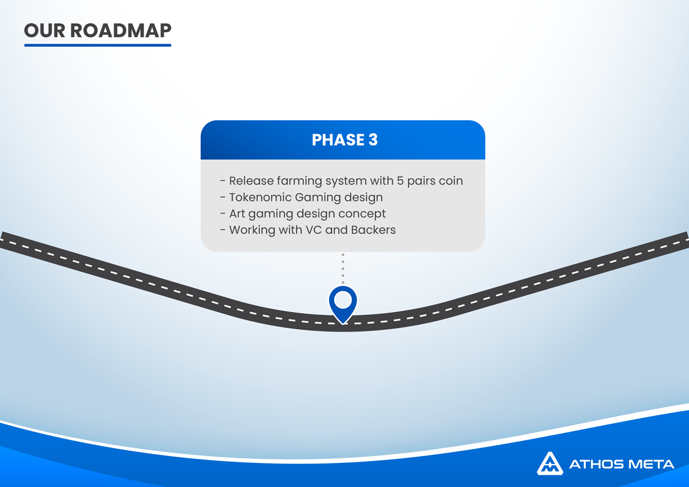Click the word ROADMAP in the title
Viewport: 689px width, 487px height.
click(121, 30)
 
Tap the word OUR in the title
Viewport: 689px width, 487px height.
click(45, 30)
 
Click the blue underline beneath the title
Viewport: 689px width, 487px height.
click(98, 45)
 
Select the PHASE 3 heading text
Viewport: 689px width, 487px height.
click(344, 140)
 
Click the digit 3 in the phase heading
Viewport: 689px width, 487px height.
click(373, 140)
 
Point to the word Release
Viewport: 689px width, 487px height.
click(251, 181)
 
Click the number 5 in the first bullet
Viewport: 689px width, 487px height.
click(400, 181)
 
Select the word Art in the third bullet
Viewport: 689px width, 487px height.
click(237, 213)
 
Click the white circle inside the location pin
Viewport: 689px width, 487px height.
click(343, 300)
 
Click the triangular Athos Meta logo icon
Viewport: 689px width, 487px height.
click(550, 463)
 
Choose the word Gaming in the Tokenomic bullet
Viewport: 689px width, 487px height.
click(318, 197)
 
